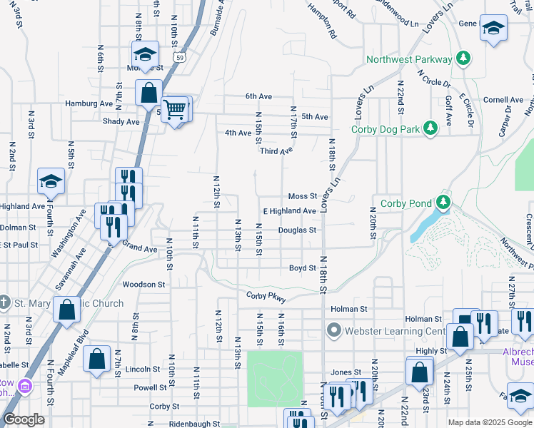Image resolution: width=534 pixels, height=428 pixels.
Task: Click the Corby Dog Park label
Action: pos(385,129)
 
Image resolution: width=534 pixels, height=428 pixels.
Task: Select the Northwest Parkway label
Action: pos(408,59)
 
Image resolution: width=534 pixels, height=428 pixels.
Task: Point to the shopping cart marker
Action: pos(174,109)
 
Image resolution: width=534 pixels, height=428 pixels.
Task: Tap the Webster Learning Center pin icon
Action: pos(333,330)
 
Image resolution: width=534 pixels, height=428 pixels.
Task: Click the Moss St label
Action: pos(302,196)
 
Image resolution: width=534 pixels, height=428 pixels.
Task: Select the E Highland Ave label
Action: pos(289,211)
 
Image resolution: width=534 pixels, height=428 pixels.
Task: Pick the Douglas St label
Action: pos(297,230)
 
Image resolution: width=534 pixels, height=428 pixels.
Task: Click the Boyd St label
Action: pos(302,268)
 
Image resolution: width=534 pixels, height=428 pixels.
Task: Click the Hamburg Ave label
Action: pos(89,103)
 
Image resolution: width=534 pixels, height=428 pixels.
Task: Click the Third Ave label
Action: pos(276,151)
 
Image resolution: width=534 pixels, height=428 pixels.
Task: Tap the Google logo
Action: pos(24,419)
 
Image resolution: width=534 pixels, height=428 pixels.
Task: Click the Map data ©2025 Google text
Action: pos(489,422)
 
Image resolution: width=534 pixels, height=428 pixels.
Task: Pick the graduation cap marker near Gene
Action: pos(493,29)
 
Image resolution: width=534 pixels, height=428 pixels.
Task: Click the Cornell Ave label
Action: pos(504,100)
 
